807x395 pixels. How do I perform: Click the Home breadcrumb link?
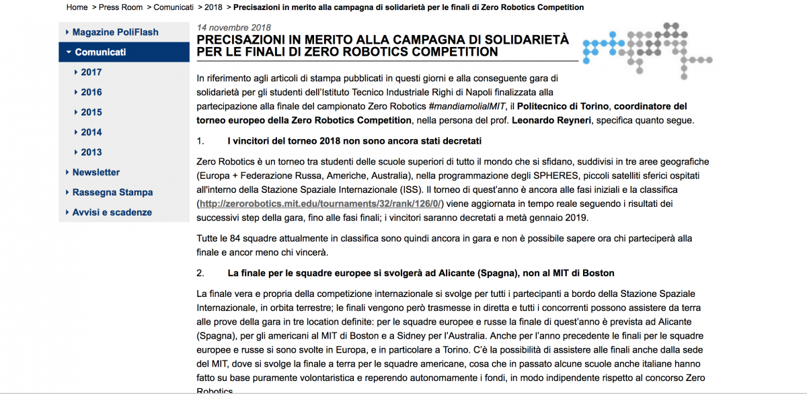pyautogui.click(x=77, y=7)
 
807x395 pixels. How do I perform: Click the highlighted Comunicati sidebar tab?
pyautogui.click(x=100, y=52)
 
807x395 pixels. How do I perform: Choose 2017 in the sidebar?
pyautogui.click(x=91, y=72)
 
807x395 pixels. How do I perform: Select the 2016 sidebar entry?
pyautogui.click(x=91, y=92)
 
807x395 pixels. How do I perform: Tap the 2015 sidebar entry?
pyautogui.click(x=91, y=112)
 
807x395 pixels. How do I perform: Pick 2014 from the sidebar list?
pyautogui.click(x=91, y=132)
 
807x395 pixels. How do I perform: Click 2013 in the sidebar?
pyautogui.click(x=91, y=152)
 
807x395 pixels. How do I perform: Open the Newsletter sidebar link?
pyautogui.click(x=96, y=172)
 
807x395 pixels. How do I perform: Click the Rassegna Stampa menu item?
pyautogui.click(x=112, y=192)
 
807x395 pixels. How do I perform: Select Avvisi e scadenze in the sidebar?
pyautogui.click(x=112, y=212)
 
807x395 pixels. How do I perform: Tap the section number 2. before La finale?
pyautogui.click(x=200, y=273)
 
